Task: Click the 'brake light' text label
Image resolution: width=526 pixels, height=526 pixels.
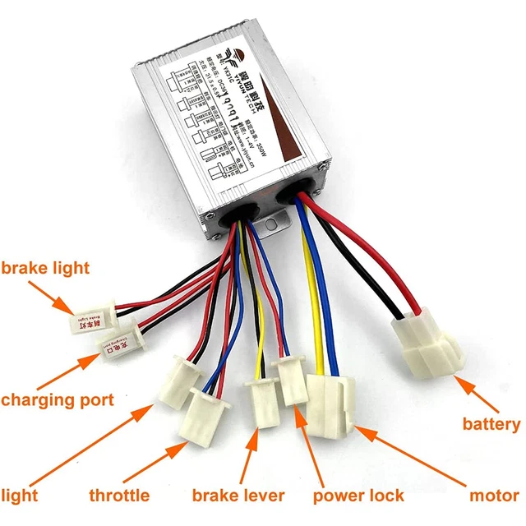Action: pos(45,269)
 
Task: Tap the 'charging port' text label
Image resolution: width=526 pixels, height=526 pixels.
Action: pos(57,401)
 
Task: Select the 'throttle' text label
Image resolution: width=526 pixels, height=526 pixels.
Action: pos(119,495)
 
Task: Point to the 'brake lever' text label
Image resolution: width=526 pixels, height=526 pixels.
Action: pos(238,495)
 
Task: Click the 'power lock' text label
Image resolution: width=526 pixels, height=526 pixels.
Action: pos(358,495)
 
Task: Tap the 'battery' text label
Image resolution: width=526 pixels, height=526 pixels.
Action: pos(491,424)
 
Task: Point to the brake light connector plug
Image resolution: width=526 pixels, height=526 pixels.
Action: pos(85,322)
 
